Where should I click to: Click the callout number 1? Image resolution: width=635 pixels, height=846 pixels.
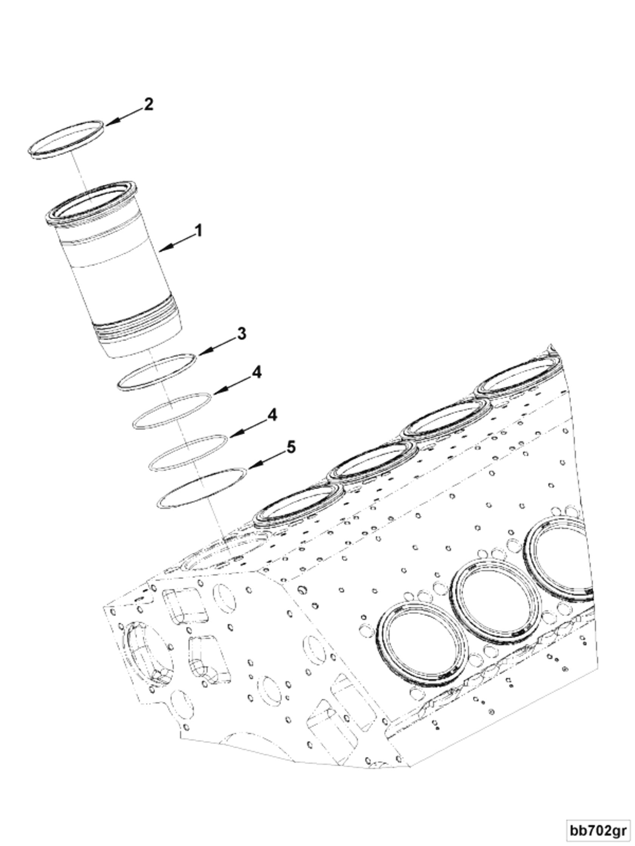pyautogui.click(x=198, y=231)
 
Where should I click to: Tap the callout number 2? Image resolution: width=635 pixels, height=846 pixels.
pyautogui.click(x=148, y=104)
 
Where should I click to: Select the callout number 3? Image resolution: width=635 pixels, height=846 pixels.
pyautogui.click(x=242, y=333)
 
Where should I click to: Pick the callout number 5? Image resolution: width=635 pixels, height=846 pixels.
pyautogui.click(x=291, y=447)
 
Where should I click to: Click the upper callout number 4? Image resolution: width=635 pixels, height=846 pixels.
pyautogui.click(x=256, y=372)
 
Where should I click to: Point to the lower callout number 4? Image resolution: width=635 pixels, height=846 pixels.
pyautogui.click(x=272, y=415)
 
